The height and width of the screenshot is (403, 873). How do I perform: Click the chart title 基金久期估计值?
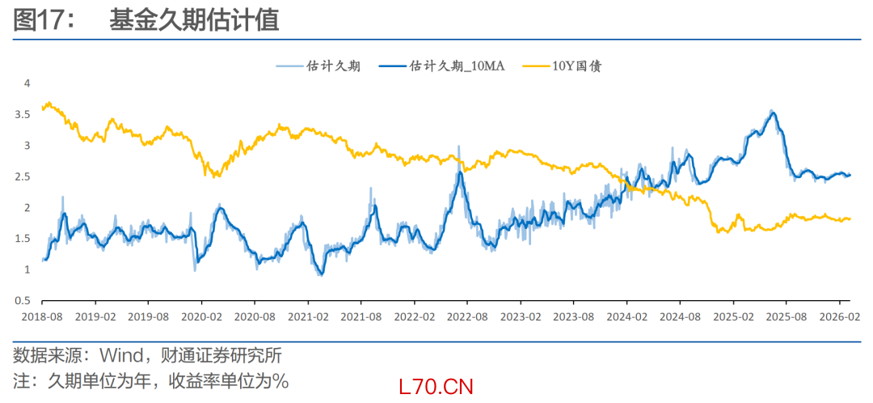pos(194,21)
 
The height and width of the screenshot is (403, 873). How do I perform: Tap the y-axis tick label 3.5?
pos(27,114)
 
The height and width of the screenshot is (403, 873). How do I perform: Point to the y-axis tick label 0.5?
pos(27,300)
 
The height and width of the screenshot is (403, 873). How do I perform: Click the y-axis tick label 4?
pos(27,83)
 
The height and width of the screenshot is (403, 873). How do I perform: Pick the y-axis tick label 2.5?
pos(27,176)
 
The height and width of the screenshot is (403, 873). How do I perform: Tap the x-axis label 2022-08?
pos(466,317)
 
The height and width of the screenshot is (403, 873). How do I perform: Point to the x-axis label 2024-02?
pos(627,317)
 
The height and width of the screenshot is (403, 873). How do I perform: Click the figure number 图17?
pos(38,21)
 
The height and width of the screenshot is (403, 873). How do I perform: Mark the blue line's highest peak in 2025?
pos(773,112)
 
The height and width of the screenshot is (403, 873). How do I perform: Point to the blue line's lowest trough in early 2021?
pos(322,274)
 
